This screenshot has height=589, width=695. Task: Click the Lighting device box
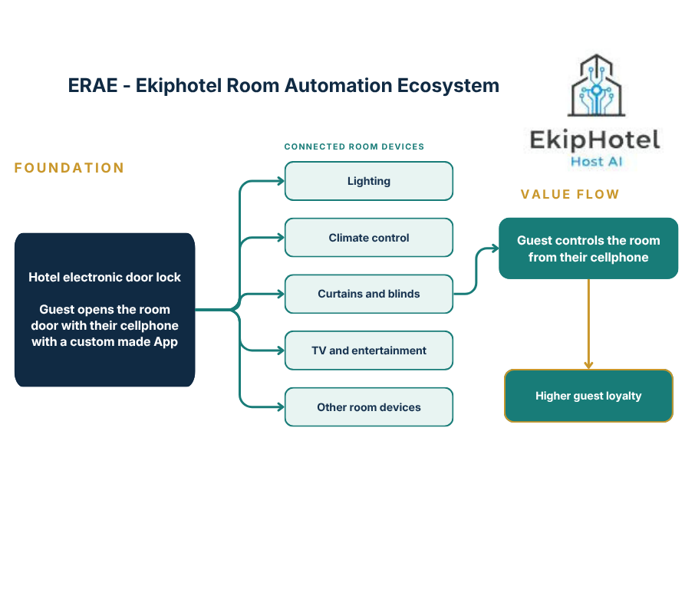[x=369, y=181]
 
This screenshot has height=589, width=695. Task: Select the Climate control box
[x=369, y=238]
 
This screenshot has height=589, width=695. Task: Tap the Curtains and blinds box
[x=369, y=294]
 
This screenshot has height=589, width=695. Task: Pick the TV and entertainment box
[x=369, y=350]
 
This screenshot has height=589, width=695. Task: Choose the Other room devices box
[x=369, y=406]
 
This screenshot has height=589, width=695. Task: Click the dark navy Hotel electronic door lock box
[x=104, y=310]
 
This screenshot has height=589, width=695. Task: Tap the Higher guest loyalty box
[x=588, y=396]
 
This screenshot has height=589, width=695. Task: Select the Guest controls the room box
[x=588, y=248]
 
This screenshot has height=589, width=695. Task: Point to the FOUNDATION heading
[x=69, y=168]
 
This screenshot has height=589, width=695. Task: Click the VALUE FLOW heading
[x=570, y=194]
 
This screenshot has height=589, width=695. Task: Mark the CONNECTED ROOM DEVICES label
[x=354, y=146]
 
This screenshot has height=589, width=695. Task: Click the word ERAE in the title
[x=93, y=86]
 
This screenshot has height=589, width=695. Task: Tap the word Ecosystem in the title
[x=448, y=87]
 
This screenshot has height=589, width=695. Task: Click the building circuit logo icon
[x=597, y=86]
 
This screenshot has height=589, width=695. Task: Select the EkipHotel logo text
[x=595, y=140]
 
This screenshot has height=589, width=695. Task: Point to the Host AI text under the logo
[x=597, y=162]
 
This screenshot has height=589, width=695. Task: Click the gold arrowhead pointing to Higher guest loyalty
[x=588, y=365]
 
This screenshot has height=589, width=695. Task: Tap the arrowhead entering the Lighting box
[x=281, y=181]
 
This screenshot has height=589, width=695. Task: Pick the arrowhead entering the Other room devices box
[x=281, y=406]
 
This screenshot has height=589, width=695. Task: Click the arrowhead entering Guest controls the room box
[x=495, y=248]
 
